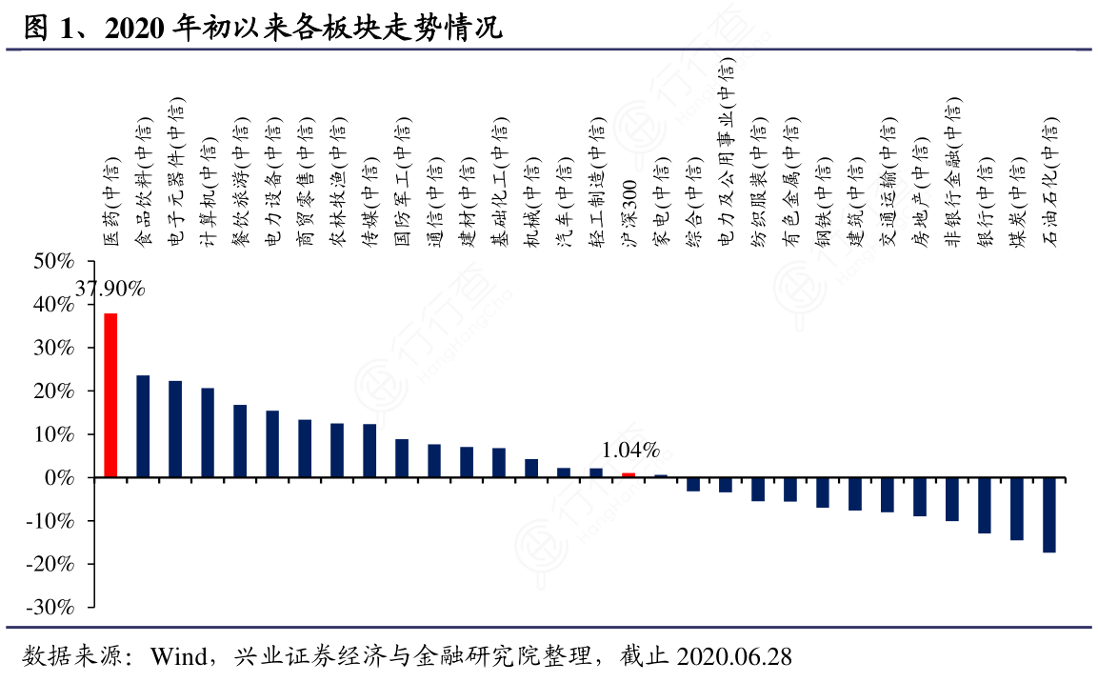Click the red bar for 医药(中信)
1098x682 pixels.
[x=110, y=395]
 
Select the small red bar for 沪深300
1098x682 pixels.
[x=629, y=475]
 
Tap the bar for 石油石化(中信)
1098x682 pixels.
[x=1049, y=515]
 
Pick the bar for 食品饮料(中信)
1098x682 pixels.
[x=143, y=427]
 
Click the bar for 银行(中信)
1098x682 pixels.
[x=985, y=506]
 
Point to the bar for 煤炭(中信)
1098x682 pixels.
[x=1017, y=509]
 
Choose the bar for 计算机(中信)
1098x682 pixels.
[x=208, y=432]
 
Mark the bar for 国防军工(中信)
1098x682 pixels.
[x=402, y=458]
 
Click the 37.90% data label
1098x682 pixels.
[x=110, y=289]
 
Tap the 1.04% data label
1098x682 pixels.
[x=630, y=451]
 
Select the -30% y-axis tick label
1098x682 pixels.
[x=50, y=607]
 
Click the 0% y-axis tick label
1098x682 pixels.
[x=60, y=477]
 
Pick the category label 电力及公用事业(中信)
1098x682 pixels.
[x=727, y=152]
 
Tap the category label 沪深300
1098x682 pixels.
[x=629, y=212]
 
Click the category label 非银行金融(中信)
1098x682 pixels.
[x=952, y=172]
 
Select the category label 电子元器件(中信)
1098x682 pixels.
[x=176, y=172]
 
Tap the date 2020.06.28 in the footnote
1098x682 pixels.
[x=734, y=656]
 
